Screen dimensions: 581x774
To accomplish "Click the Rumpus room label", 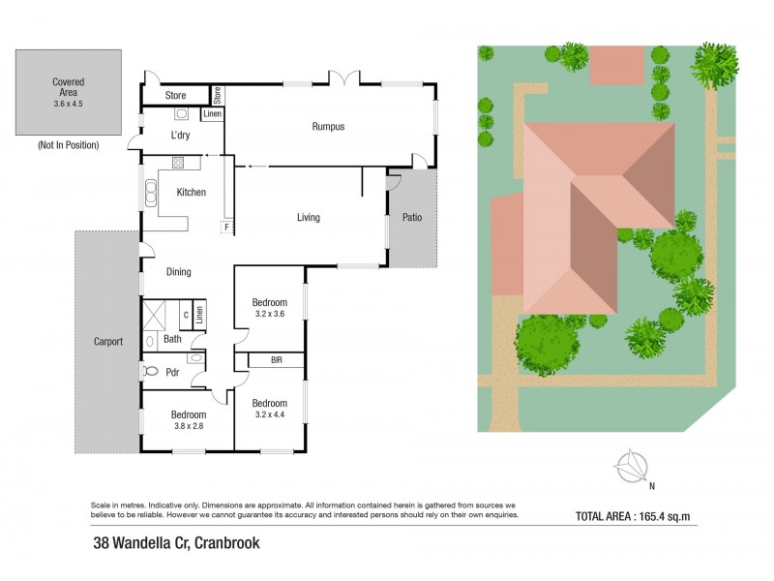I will tap(328, 127).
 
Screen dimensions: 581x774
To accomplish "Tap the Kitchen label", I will tap(191, 193).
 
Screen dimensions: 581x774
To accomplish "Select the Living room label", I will tap(308, 218).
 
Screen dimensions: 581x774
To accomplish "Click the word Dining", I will tap(178, 272).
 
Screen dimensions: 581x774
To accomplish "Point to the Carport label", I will tap(108, 342).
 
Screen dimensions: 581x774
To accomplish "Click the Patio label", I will tap(411, 218).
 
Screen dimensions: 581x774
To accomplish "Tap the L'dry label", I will tap(180, 136).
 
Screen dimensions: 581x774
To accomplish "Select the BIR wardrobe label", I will tap(276, 360).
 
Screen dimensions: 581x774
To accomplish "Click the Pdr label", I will tap(172, 372).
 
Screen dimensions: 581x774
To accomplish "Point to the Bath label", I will tap(172, 339).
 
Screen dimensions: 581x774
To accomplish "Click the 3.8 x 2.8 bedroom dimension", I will tap(189, 425).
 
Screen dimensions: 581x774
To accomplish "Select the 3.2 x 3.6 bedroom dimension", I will tap(269, 314).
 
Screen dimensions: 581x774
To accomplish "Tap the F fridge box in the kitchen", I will tap(226, 228).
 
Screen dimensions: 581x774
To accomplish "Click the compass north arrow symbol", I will tap(634, 468).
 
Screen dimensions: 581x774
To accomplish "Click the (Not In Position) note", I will tap(69, 144).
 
